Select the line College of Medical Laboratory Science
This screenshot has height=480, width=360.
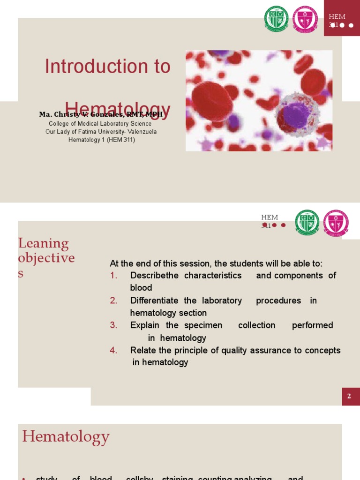100,124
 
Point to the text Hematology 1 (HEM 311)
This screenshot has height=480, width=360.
102,140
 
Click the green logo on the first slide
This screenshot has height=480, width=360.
276,19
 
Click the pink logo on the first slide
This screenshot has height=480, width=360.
305,19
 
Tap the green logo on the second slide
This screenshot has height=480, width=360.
307,222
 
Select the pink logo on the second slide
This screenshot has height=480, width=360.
336,223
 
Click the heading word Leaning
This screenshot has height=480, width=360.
43,243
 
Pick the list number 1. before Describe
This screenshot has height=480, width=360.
114,276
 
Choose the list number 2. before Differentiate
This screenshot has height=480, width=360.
114,300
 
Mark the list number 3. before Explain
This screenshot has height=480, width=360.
114,325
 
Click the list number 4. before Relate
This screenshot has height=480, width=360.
114,351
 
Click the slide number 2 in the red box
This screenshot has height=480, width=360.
349,397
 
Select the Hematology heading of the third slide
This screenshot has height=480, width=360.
66,437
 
